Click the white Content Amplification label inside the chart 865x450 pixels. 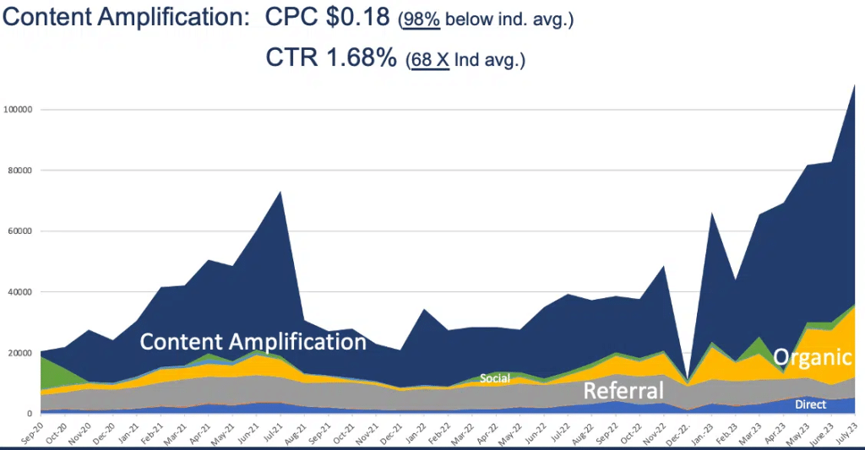[x=253, y=342]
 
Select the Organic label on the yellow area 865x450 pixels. [x=812, y=356]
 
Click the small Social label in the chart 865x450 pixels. [x=495, y=378]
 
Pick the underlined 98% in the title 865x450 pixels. [x=420, y=19]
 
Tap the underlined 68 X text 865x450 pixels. [x=429, y=61]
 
